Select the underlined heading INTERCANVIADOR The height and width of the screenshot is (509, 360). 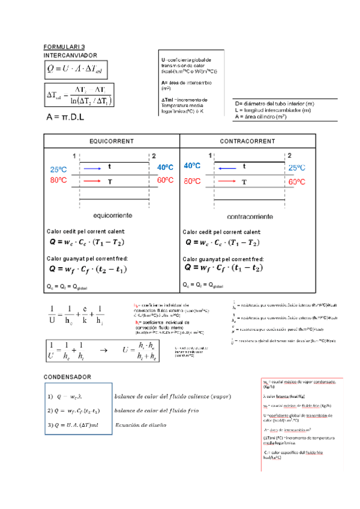tap(70, 55)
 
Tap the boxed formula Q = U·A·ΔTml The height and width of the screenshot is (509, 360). tap(75, 70)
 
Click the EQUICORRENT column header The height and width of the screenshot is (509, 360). tap(111, 140)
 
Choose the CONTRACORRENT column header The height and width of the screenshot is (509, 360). tap(247, 140)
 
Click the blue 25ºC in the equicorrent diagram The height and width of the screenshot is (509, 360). tap(58, 169)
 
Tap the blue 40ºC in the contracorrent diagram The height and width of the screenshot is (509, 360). tap(192, 166)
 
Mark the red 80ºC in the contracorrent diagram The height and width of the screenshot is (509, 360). tap(192, 181)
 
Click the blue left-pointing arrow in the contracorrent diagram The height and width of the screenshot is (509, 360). tap(227, 169)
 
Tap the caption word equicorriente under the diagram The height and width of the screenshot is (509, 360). tap(112, 214)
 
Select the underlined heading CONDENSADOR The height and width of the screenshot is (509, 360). tap(67, 376)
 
